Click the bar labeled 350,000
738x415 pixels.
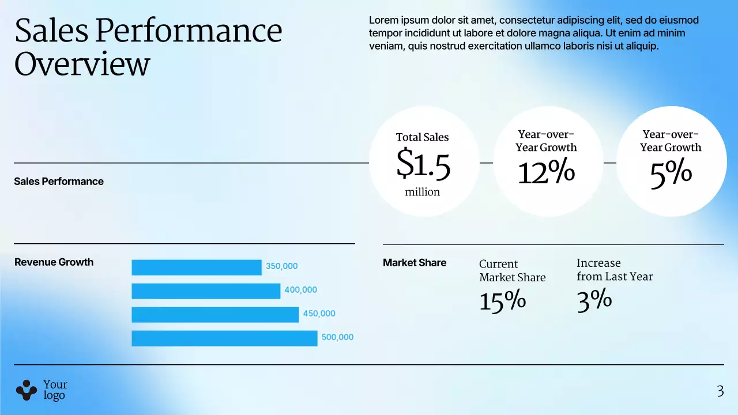(196, 267)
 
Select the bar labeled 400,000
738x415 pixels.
(206, 291)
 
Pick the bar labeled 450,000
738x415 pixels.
(215, 315)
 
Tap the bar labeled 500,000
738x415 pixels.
(224, 338)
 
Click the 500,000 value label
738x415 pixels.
(337, 337)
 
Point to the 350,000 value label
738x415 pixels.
(281, 266)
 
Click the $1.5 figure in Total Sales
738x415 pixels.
(423, 165)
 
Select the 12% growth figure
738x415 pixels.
(546, 172)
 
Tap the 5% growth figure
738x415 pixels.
(671, 173)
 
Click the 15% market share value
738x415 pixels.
(502, 301)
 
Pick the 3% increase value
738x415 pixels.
(594, 300)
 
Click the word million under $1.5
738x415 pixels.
(422, 192)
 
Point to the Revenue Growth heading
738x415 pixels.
(54, 262)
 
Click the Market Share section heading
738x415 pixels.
(415, 263)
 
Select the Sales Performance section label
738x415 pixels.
(59, 182)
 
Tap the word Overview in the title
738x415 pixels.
(82, 64)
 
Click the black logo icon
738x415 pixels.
(26, 390)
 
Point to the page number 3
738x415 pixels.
(720, 392)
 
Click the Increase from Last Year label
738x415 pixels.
(615, 270)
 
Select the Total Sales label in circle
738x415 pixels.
(422, 137)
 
